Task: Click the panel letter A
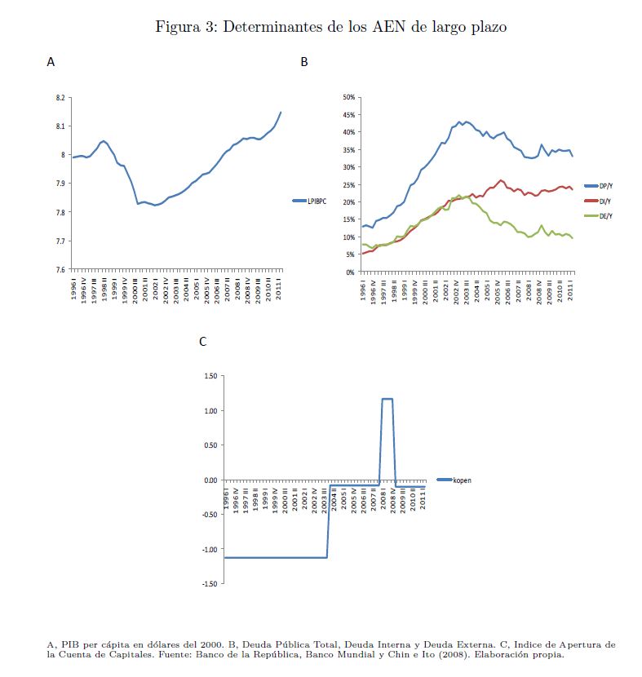[51, 62]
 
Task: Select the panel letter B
[304, 62]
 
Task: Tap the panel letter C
[202, 343]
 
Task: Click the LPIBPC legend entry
[312, 200]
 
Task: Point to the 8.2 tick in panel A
[59, 98]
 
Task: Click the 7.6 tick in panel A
[59, 270]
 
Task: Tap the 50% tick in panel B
[347, 97]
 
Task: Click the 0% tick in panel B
[348, 272]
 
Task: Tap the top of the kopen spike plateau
[387, 399]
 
